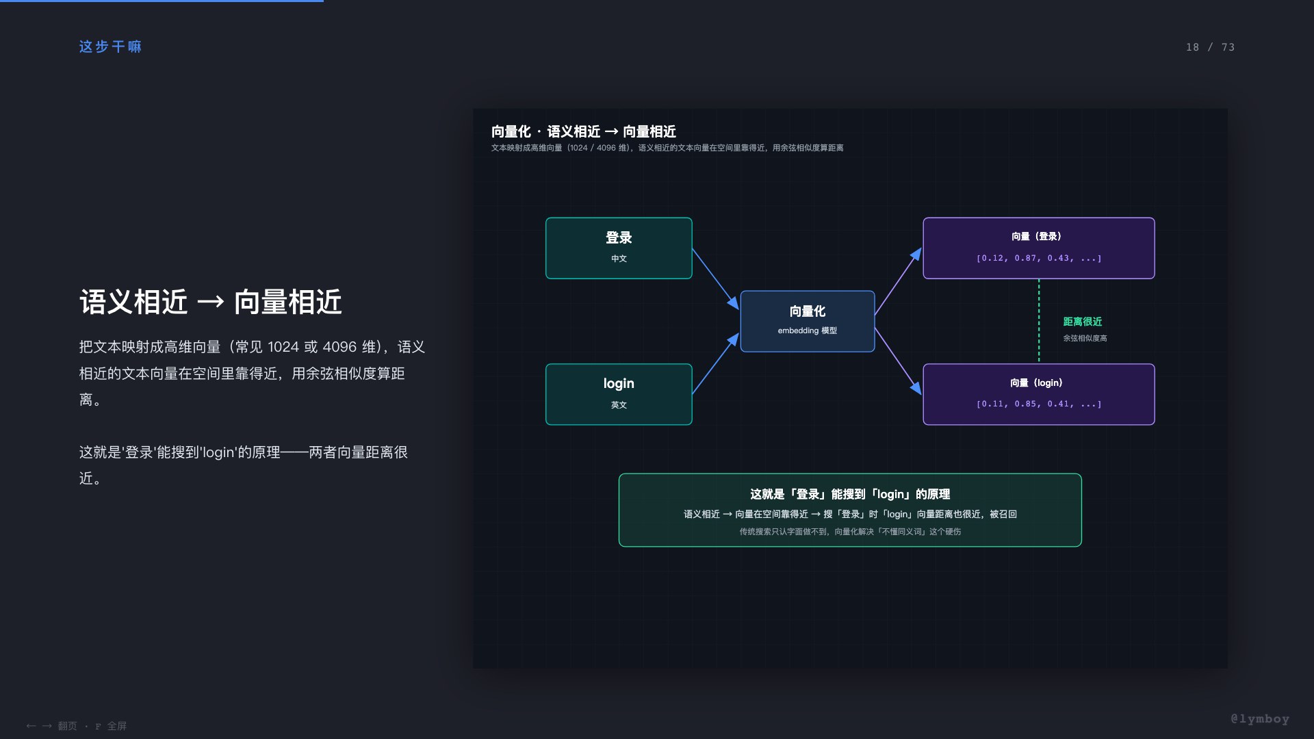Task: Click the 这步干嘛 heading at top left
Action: pyautogui.click(x=110, y=47)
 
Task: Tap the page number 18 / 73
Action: pyautogui.click(x=1210, y=47)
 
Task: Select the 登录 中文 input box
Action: pyautogui.click(x=619, y=248)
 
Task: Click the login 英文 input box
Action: pyautogui.click(x=619, y=394)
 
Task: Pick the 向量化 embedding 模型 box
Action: pyautogui.click(x=808, y=321)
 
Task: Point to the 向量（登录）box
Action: pyautogui.click(x=1039, y=248)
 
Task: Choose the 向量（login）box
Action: pyautogui.click(x=1039, y=394)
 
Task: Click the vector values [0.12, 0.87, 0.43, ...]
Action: pyautogui.click(x=1039, y=258)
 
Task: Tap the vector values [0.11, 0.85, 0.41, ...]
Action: pyautogui.click(x=1039, y=404)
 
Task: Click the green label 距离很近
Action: pyautogui.click(x=1083, y=322)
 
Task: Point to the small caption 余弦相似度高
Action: pyautogui.click(x=1085, y=338)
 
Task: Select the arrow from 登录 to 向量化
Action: pyautogui.click(x=716, y=278)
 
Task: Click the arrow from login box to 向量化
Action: pyautogui.click(x=716, y=363)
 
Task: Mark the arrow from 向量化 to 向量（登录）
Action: pyautogui.click(x=899, y=281)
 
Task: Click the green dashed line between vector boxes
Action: pyautogui.click(x=1039, y=321)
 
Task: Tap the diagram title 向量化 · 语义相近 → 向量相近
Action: pyautogui.click(x=584, y=131)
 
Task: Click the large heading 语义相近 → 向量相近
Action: pyautogui.click(x=211, y=302)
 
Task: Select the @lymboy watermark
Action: pyautogui.click(x=1260, y=718)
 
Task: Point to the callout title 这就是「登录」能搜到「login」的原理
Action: pyautogui.click(x=850, y=494)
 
